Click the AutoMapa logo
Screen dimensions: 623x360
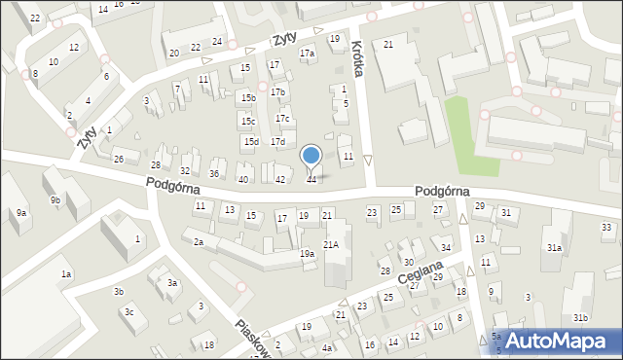click(556, 341)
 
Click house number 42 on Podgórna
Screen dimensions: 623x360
click(280, 179)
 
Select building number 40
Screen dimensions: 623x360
click(243, 179)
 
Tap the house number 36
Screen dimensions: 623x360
click(214, 173)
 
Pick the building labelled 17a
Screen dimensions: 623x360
click(307, 54)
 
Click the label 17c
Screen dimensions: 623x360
click(282, 119)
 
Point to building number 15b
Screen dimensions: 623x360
click(249, 97)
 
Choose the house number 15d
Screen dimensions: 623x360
click(250, 142)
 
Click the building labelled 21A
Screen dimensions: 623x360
click(331, 244)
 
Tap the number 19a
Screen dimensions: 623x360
click(306, 254)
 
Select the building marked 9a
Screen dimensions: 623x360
click(20, 212)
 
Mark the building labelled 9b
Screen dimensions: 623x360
click(56, 200)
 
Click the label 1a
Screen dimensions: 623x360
click(66, 274)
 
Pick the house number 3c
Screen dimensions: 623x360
click(128, 312)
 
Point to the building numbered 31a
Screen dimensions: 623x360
click(554, 248)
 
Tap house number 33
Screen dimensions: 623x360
click(606, 227)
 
